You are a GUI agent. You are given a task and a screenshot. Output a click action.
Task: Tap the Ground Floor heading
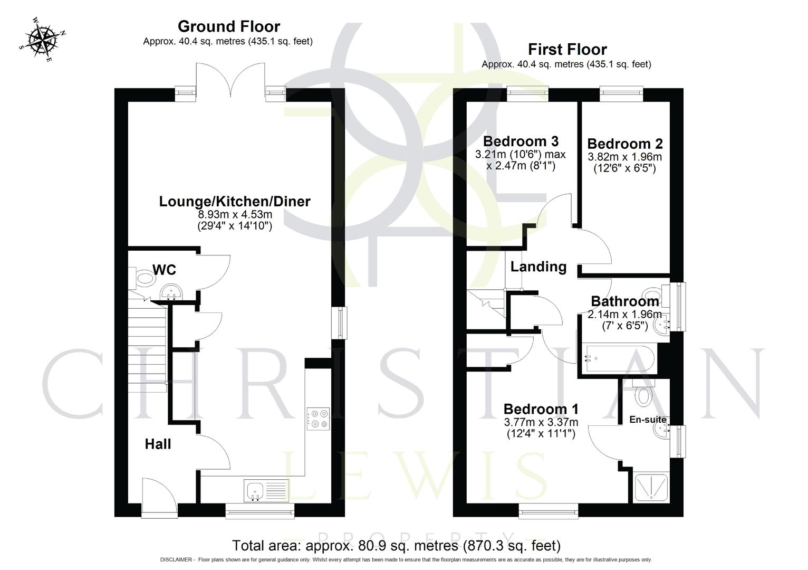[228, 26]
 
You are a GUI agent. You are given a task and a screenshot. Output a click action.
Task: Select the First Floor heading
[567, 49]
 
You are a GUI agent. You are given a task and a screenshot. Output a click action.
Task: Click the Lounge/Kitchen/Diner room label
[235, 201]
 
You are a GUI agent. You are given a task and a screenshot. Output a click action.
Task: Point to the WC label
[164, 270]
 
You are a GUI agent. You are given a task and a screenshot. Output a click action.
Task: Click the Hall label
[158, 444]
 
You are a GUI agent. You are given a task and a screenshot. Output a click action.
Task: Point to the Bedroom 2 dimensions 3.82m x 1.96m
[624, 157]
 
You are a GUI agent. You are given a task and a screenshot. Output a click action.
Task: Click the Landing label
[538, 267]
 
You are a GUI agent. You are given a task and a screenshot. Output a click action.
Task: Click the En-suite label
[647, 420]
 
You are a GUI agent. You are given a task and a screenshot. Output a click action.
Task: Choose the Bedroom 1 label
[541, 409]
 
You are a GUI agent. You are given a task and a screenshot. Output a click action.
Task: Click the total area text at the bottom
[396, 545]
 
